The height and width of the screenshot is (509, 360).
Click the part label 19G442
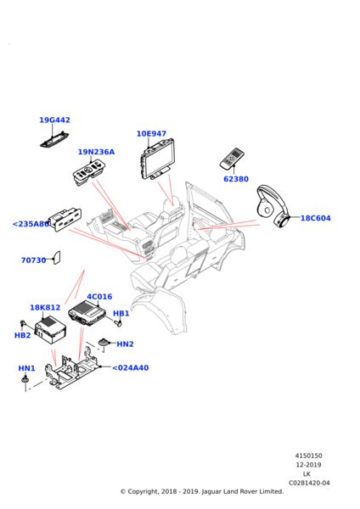54,120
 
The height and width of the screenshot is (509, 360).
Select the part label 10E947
151,134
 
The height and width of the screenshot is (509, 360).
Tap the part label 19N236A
96,153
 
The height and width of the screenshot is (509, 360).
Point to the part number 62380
235,179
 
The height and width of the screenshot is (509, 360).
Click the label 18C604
315,218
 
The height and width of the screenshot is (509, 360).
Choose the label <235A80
31,224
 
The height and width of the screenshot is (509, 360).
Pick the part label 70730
33,260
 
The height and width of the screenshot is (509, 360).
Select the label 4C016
99,297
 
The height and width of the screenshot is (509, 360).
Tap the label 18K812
45,308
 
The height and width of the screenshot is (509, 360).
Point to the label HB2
22,335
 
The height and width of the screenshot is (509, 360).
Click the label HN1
26,369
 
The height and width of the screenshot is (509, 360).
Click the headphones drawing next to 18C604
274,210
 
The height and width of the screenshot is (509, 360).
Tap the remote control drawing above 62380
231,159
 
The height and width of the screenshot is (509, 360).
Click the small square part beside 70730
56,257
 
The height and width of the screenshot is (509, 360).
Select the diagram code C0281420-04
308,483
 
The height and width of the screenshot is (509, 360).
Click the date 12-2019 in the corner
307,465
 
